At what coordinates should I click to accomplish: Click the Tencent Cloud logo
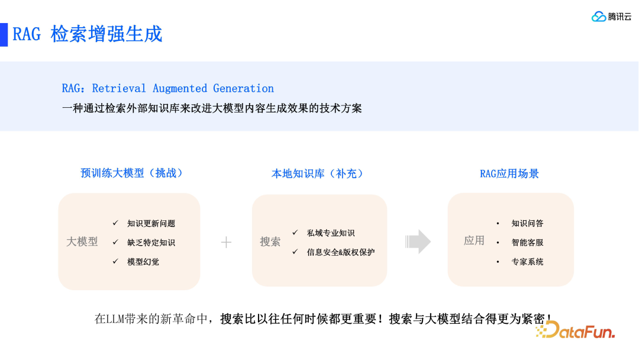pyautogui.click(x=611, y=17)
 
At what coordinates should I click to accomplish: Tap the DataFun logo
pyautogui.click(x=576, y=330)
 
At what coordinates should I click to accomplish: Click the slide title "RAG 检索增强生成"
pyautogui.click(x=88, y=34)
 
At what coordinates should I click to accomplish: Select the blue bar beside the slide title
pyautogui.click(x=4, y=34)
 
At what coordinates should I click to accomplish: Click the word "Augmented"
pyautogui.click(x=180, y=89)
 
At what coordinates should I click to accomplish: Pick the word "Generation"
pyautogui.click(x=243, y=89)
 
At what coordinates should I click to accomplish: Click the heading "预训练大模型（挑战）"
pyautogui.click(x=133, y=173)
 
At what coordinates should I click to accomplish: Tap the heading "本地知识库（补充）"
pyautogui.click(x=318, y=173)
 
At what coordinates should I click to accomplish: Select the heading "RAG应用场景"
pyautogui.click(x=509, y=173)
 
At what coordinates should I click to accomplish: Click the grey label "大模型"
pyautogui.click(x=82, y=242)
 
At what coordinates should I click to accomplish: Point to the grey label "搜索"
pyautogui.click(x=270, y=242)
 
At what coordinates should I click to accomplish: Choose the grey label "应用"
pyautogui.click(x=474, y=240)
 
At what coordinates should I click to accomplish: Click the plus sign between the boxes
pyautogui.click(x=226, y=242)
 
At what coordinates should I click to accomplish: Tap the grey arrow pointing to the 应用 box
pyautogui.click(x=418, y=241)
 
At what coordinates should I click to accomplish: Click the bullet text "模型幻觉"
pyautogui.click(x=143, y=262)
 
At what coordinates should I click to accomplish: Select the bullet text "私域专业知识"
pyautogui.click(x=331, y=233)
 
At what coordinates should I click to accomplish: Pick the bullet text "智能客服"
pyautogui.click(x=527, y=243)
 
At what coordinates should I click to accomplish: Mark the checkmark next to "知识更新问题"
pyautogui.click(x=115, y=223)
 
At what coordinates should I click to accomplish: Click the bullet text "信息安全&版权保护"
pyautogui.click(x=341, y=252)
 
